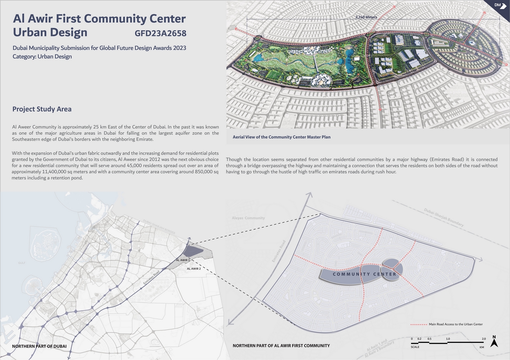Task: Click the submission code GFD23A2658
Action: click(161, 33)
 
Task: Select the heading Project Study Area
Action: click(42, 109)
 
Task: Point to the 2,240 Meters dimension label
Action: click(366, 17)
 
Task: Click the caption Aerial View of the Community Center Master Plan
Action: click(281, 137)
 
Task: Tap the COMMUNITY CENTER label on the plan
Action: click(364, 274)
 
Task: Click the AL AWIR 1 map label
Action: click(183, 260)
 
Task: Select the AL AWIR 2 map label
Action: click(194, 269)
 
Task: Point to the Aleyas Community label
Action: click(248, 218)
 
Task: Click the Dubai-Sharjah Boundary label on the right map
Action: click(444, 218)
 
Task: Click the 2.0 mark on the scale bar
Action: click(484, 339)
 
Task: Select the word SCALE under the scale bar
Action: click(415, 347)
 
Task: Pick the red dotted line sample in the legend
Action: click(418, 324)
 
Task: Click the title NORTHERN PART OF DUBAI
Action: click(39, 346)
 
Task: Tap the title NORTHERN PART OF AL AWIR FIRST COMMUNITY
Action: click(281, 346)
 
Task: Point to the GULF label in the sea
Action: click(22, 263)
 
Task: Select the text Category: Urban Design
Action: click(42, 57)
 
